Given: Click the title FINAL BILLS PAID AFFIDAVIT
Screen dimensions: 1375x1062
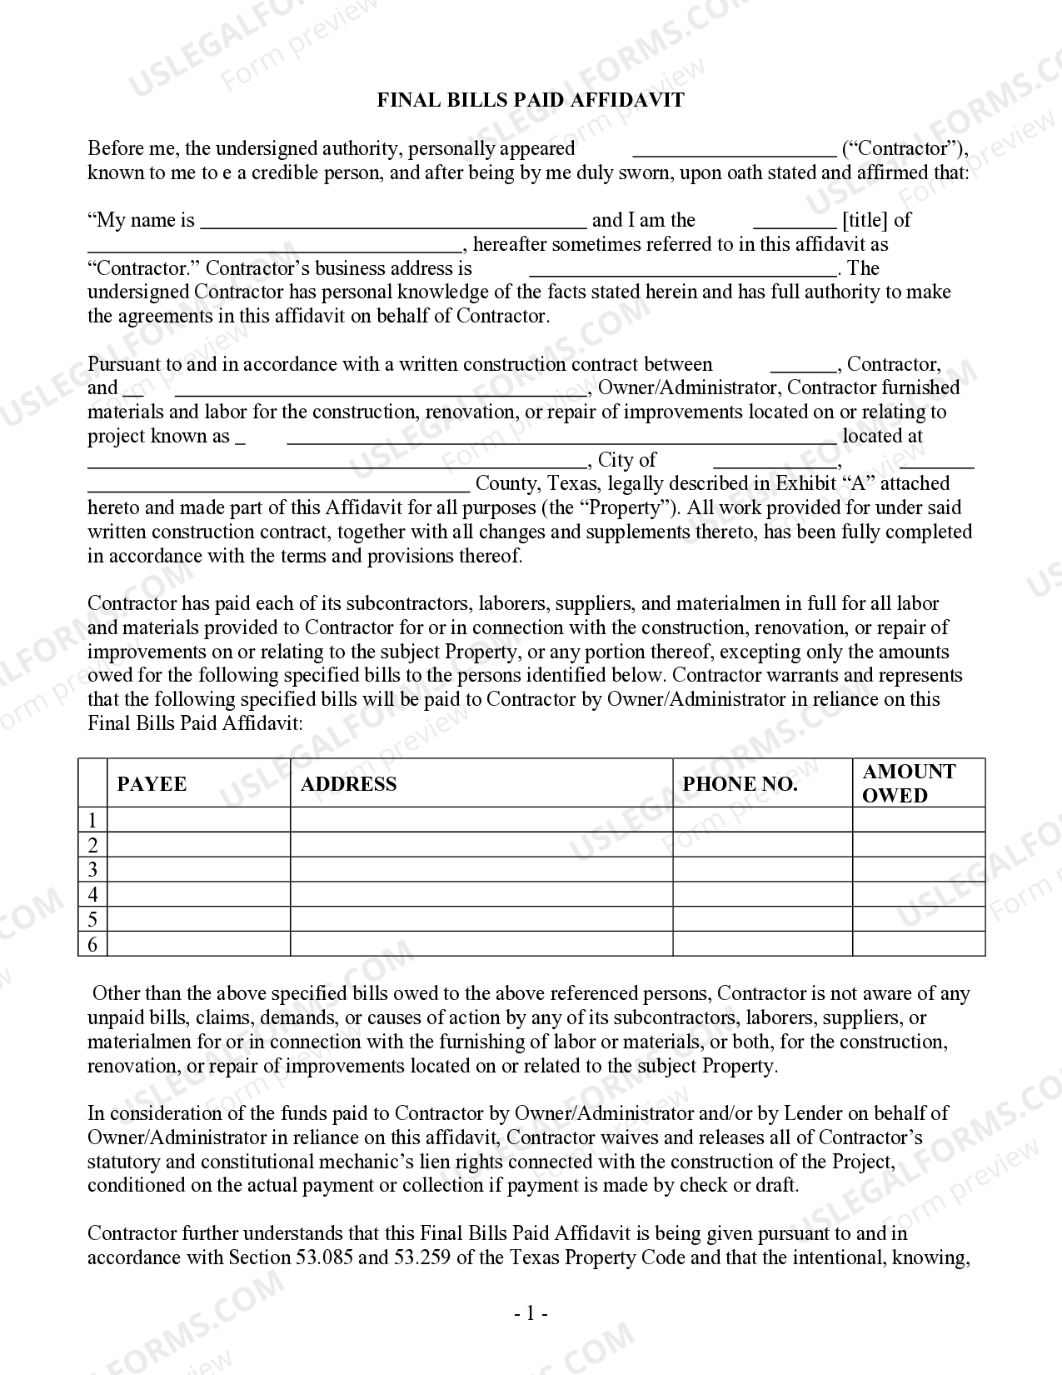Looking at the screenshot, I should [531, 100].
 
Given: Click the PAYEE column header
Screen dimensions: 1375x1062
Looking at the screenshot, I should [152, 784].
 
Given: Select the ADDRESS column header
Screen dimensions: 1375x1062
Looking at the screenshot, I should [348, 784].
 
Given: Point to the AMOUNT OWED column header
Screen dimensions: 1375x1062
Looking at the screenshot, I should [909, 783].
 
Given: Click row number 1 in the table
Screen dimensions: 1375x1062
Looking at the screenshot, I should [93, 820].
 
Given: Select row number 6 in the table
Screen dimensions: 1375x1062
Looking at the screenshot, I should [93, 944].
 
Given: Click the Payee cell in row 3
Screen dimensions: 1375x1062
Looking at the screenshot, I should [199, 870].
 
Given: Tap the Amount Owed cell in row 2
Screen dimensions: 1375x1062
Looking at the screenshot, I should [919, 845].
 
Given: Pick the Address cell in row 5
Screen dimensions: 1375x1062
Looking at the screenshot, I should [481, 919].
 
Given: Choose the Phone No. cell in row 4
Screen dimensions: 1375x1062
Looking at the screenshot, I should [762, 894].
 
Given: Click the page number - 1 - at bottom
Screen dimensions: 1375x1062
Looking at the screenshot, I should [531, 1314].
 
